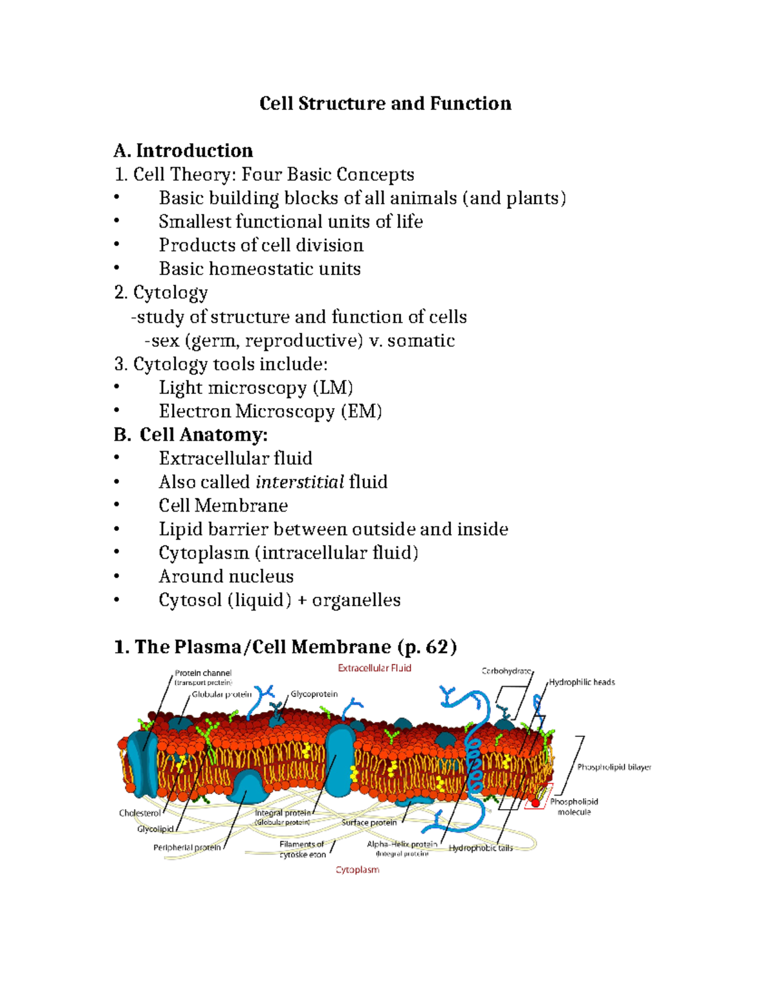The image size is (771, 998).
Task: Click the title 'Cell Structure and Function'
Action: click(385, 103)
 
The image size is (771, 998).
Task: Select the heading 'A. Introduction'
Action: click(183, 150)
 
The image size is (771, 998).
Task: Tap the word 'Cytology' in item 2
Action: click(170, 293)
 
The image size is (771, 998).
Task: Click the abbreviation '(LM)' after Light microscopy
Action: click(333, 388)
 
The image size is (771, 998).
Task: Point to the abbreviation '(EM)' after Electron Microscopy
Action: click(361, 411)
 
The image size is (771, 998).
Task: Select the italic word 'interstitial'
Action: click(299, 482)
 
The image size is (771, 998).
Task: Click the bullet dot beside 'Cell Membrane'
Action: click(116, 505)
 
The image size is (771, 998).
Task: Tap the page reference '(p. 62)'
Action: click(427, 646)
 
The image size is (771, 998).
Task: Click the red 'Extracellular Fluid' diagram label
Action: click(375, 668)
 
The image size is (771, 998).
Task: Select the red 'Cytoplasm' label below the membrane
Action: click(357, 869)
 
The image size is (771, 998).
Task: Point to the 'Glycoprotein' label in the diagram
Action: click(314, 694)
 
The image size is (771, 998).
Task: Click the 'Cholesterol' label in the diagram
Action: click(140, 813)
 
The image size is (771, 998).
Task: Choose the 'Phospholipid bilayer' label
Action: click(614, 767)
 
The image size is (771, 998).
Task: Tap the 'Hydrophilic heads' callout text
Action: click(581, 682)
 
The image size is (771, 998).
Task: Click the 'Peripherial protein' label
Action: click(186, 848)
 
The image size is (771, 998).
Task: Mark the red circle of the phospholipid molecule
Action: click(535, 803)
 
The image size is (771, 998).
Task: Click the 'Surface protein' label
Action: click(369, 823)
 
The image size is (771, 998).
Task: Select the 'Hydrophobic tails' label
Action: click(481, 848)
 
